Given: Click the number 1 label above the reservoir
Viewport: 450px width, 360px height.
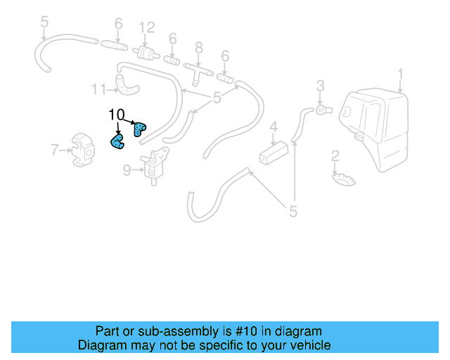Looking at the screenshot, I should [x=400, y=73].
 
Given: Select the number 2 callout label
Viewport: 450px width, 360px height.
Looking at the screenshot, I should [x=335, y=155].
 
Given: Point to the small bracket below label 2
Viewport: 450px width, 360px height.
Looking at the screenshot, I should [x=344, y=179].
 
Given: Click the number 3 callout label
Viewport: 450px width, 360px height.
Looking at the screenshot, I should [x=320, y=86].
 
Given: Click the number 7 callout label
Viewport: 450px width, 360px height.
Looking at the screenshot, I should [x=54, y=149].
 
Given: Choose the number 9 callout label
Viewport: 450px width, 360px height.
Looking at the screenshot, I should [x=127, y=169].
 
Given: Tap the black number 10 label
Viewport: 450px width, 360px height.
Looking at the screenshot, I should [x=116, y=114].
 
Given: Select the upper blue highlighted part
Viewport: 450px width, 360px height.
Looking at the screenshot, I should [x=140, y=128].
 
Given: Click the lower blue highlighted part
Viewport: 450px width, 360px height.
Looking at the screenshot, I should [x=117, y=142].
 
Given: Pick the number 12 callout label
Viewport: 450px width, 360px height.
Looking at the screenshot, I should [x=146, y=28].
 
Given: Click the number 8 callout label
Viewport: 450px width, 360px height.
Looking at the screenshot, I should [x=199, y=47].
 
